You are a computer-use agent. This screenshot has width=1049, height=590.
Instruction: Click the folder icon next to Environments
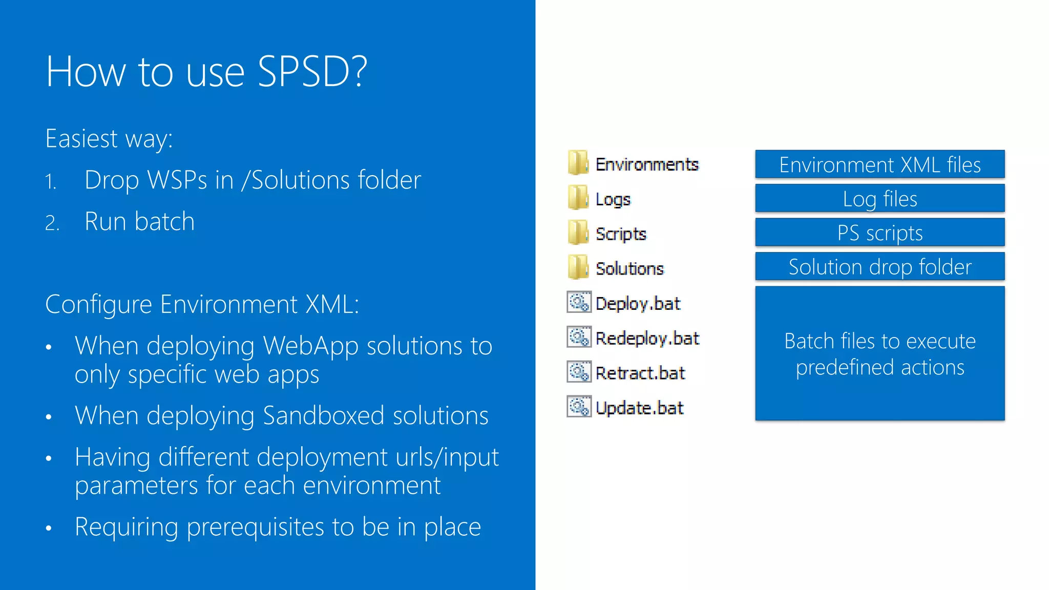click(x=578, y=163)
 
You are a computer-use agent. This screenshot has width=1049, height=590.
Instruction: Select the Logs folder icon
click(x=578, y=198)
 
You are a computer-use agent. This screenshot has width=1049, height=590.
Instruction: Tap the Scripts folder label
click(x=621, y=234)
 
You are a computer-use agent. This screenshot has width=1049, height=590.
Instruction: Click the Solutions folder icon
click(x=578, y=267)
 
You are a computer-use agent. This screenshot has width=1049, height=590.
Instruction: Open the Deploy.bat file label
click(x=638, y=304)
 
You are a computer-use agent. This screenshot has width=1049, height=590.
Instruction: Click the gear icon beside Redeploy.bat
click(x=579, y=337)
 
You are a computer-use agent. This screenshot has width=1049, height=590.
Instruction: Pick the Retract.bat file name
click(x=640, y=373)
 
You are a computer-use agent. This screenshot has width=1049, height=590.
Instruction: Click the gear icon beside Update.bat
click(x=579, y=407)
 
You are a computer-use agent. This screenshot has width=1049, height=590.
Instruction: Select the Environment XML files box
click(x=879, y=164)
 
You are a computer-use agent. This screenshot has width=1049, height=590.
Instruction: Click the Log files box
click(x=879, y=199)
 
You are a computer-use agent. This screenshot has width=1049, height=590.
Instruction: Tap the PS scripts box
click(x=879, y=233)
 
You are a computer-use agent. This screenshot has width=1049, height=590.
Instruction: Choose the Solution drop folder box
click(x=879, y=267)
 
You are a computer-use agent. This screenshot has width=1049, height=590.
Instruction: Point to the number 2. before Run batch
click(x=52, y=223)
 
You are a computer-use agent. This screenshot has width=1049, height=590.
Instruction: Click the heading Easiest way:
click(x=109, y=139)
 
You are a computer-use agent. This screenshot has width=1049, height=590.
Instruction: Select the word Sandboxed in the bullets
click(x=323, y=415)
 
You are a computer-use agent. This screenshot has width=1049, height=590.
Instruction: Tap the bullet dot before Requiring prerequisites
click(x=49, y=528)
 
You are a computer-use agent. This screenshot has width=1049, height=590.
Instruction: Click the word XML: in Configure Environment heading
click(x=332, y=304)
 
